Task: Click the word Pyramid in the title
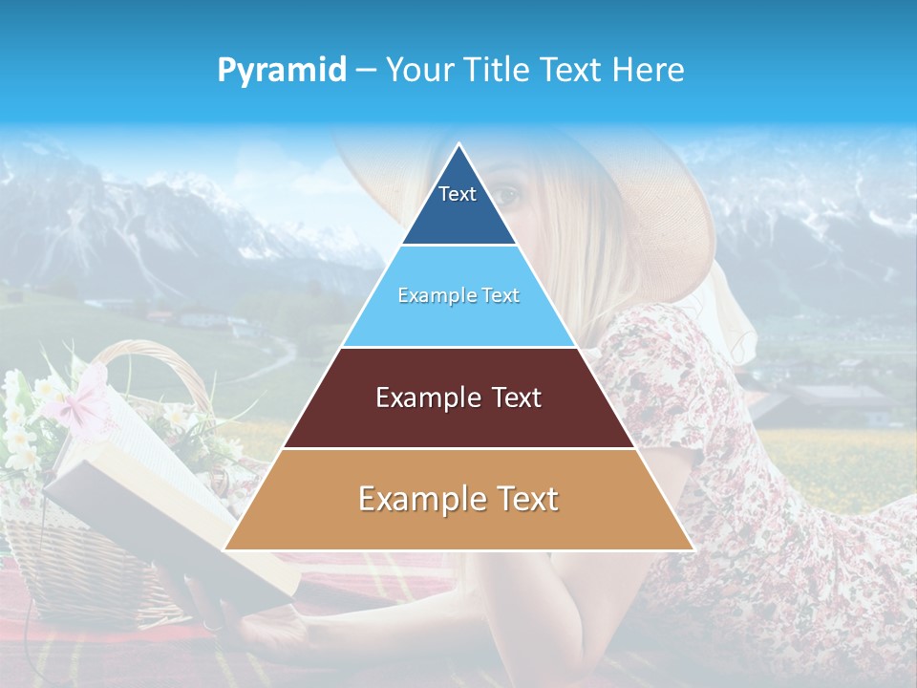click(x=281, y=71)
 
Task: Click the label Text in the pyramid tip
click(x=458, y=194)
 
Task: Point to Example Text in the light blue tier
click(x=458, y=295)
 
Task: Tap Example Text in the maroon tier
click(x=458, y=398)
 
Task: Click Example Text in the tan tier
click(x=458, y=499)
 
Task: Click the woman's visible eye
click(x=508, y=195)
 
